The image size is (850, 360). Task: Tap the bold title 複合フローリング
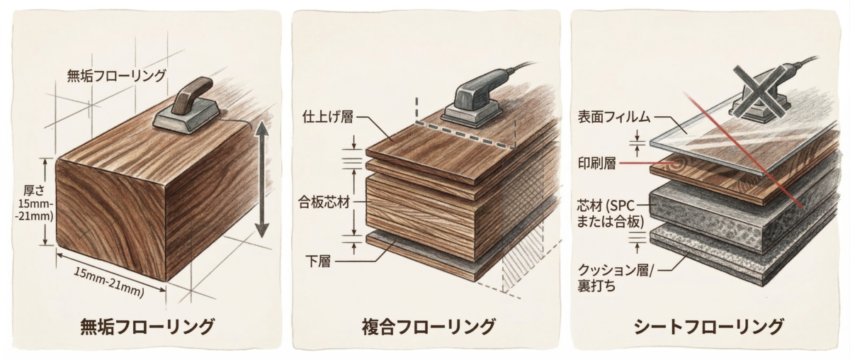tap(428, 327)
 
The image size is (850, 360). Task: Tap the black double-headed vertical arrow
tap(261, 180)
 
